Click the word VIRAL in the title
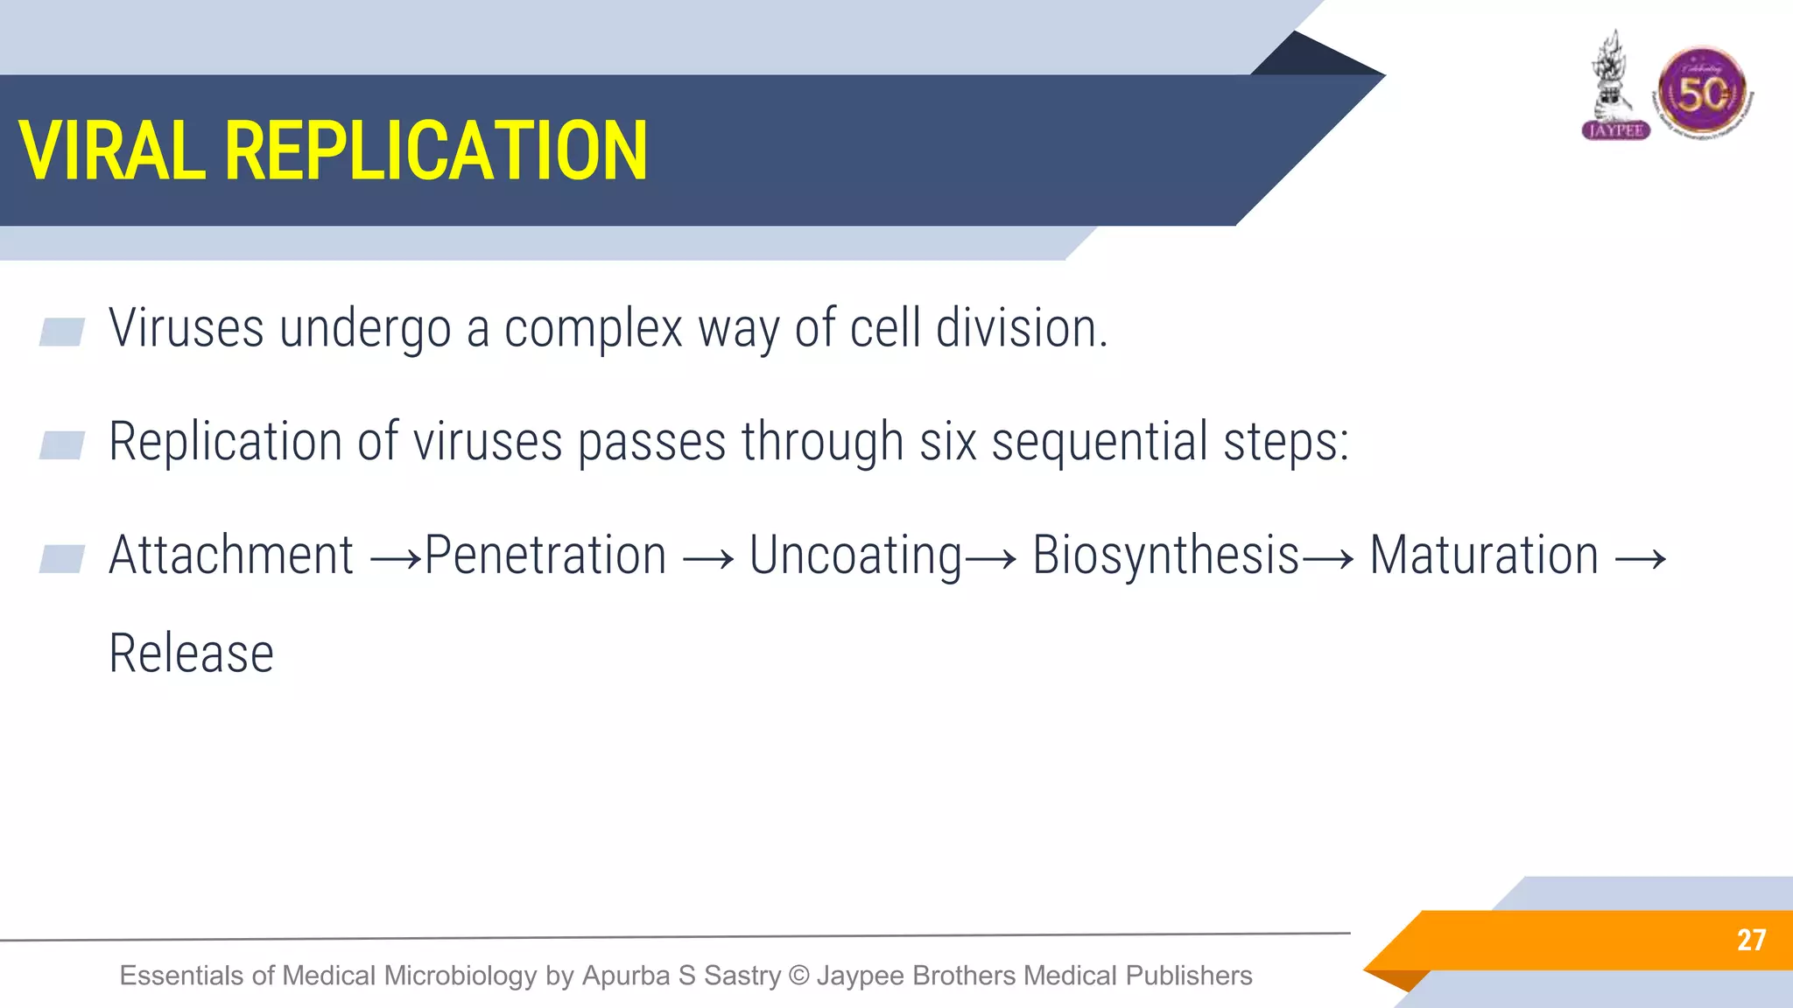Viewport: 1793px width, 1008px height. coord(111,150)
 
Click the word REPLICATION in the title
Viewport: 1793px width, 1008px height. coord(436,150)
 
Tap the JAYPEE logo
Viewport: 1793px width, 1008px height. coord(1615,87)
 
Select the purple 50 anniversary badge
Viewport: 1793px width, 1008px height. coord(1702,93)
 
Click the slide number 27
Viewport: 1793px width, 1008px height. coord(1751,940)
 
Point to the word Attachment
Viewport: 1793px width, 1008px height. coord(231,555)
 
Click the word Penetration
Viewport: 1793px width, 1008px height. coord(545,555)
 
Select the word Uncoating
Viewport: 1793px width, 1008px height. coord(855,556)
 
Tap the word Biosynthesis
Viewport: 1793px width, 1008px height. coord(1165,556)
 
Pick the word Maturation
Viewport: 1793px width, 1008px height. coord(1484,555)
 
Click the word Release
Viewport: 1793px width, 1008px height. coord(191,654)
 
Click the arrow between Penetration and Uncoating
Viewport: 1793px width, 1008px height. coord(707,558)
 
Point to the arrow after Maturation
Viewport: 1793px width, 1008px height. coord(1640,558)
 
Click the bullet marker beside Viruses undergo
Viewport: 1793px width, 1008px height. coord(62,332)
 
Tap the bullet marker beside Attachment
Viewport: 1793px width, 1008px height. coord(62,558)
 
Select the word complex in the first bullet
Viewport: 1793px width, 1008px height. coord(593,330)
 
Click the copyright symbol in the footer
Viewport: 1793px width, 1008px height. coord(798,976)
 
